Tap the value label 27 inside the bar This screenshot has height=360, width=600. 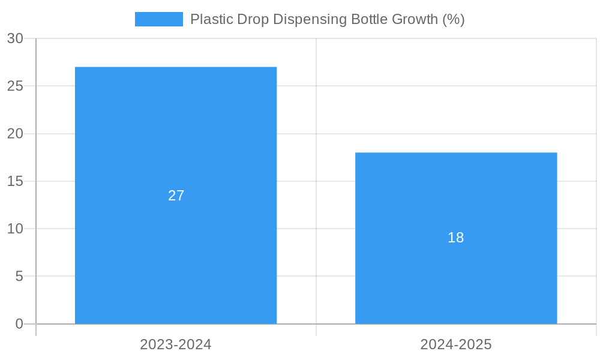coord(176,196)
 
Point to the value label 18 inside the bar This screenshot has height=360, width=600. coord(456,238)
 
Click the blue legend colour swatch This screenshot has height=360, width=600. coord(159,19)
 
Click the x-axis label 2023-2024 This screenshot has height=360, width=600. coord(176,344)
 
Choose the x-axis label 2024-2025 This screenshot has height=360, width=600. coord(456,344)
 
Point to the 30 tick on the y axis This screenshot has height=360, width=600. coord(15,38)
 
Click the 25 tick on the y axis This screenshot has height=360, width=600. coord(15,86)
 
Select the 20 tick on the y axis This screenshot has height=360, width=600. coord(15,134)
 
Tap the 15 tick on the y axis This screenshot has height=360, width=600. coord(15,181)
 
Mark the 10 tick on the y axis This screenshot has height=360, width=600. coord(15,229)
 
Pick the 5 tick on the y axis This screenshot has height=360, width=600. coord(19,277)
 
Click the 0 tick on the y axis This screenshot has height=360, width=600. coord(19,324)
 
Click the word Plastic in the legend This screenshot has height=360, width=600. coord(208,19)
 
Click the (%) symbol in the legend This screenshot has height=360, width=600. coord(454,19)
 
